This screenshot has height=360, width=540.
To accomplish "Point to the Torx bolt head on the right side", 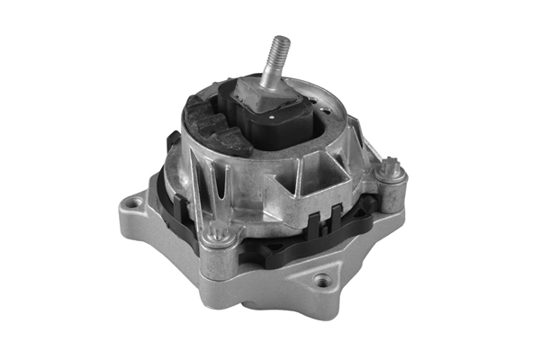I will pos(391,167).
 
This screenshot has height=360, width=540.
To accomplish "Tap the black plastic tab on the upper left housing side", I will pos(172,143).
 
